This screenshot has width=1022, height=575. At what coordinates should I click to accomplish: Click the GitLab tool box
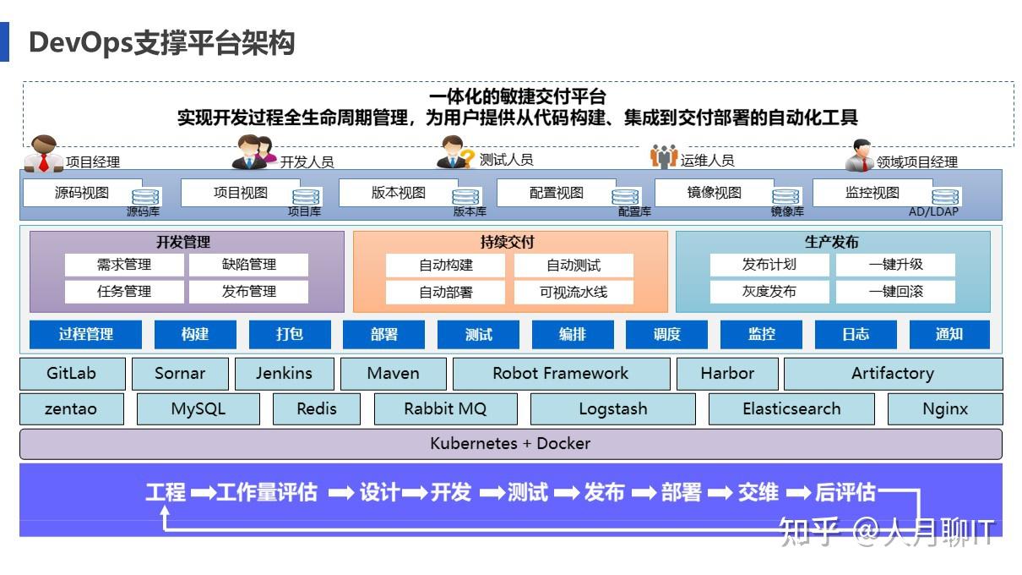click(72, 373)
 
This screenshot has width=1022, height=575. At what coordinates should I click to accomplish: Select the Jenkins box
click(284, 373)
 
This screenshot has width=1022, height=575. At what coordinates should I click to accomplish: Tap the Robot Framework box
click(561, 373)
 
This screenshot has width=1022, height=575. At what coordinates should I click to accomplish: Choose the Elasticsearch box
click(791, 408)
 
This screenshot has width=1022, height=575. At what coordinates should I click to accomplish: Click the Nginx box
click(944, 408)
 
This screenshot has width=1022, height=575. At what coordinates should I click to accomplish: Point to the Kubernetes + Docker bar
click(510, 443)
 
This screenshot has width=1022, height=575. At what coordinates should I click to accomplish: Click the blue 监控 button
click(761, 334)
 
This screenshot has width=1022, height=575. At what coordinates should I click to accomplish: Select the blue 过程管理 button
click(86, 334)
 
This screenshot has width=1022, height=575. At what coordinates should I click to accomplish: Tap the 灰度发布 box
click(769, 292)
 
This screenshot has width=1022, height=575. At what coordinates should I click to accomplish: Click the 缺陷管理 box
click(248, 265)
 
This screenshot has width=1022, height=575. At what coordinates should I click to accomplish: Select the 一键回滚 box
click(895, 292)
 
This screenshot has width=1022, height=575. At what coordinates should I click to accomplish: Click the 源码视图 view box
click(82, 193)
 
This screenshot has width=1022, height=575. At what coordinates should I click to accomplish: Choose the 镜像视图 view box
click(714, 193)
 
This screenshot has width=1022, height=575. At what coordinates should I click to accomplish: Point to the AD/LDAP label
click(933, 212)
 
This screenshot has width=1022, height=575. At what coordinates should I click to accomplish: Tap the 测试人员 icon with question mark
click(455, 153)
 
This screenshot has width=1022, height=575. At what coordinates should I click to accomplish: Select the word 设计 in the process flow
click(379, 492)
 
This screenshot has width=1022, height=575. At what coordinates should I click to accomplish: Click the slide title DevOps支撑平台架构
click(161, 41)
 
